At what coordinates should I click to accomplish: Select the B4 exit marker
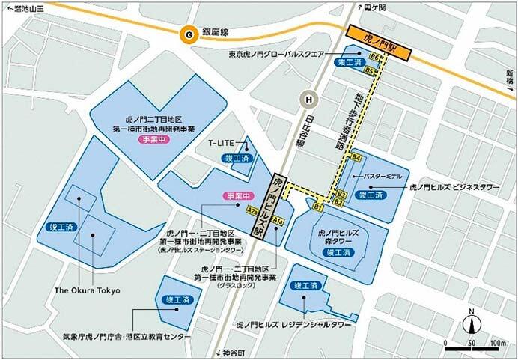pos(356,159)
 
